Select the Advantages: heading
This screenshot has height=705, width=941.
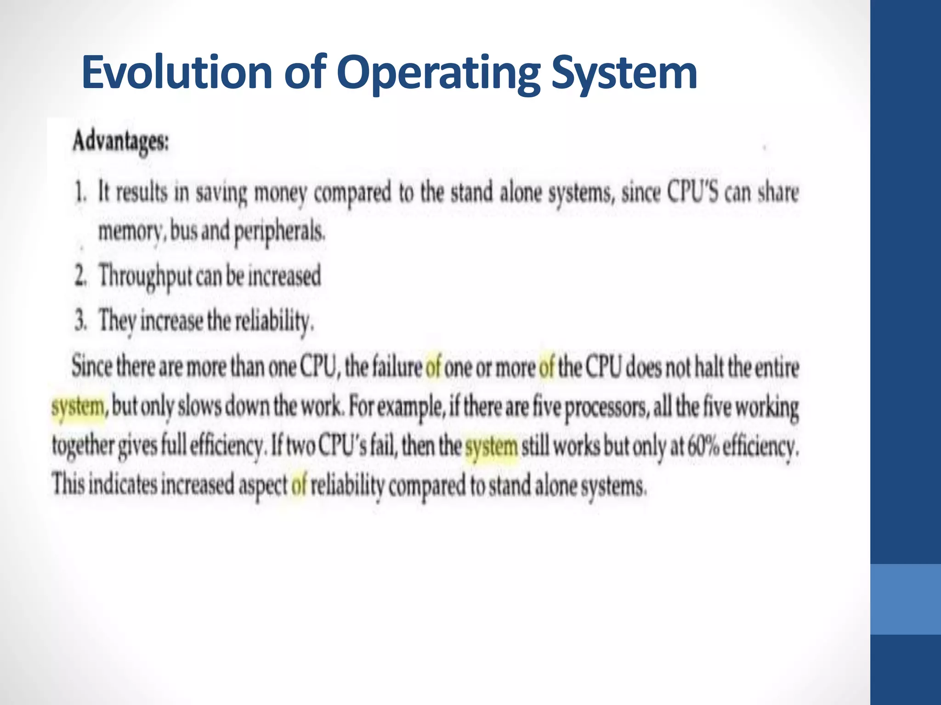pos(121,141)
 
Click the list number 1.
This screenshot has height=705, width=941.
pos(80,193)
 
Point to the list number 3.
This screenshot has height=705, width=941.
pos(80,320)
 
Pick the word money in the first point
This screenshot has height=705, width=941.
pos(280,193)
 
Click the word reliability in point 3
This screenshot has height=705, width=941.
pos(274,320)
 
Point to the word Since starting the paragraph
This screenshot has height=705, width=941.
pos(91,367)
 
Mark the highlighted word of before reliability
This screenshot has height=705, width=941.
pos(298,485)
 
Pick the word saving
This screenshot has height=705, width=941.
pos(221,193)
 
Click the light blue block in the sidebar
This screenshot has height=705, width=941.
pos(905,599)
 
